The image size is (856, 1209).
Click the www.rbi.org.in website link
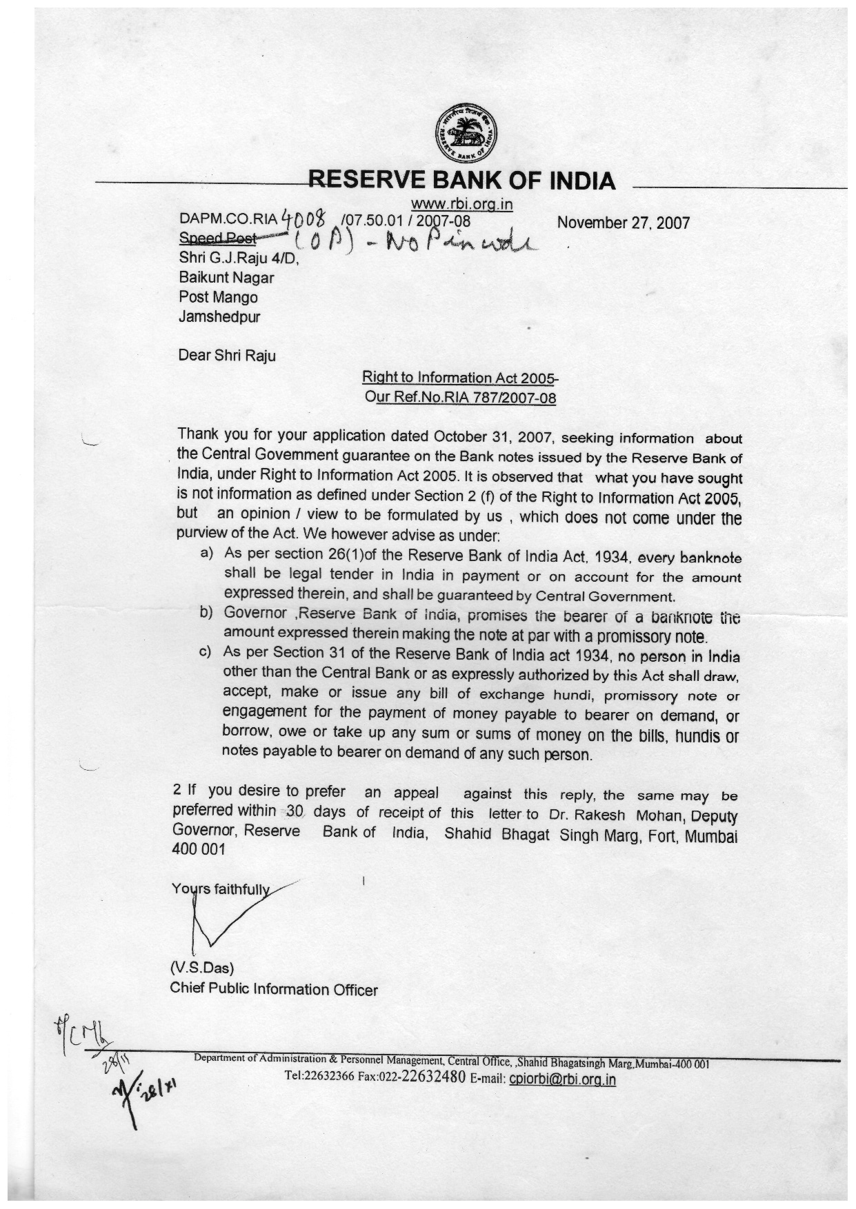click(x=461, y=204)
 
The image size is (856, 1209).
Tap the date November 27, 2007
click(x=623, y=223)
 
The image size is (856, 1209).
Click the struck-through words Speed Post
click(x=217, y=238)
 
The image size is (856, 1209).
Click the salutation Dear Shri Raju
click(x=226, y=356)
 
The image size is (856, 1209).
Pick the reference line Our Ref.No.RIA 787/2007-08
click(x=460, y=398)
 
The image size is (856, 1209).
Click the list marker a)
click(x=207, y=553)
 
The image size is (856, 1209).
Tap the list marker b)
click(x=207, y=612)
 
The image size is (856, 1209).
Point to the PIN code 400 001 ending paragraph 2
click(x=199, y=849)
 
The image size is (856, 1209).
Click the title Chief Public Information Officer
click(x=274, y=990)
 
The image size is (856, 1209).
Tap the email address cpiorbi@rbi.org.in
click(x=561, y=1079)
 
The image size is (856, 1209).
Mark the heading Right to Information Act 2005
click(x=459, y=378)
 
